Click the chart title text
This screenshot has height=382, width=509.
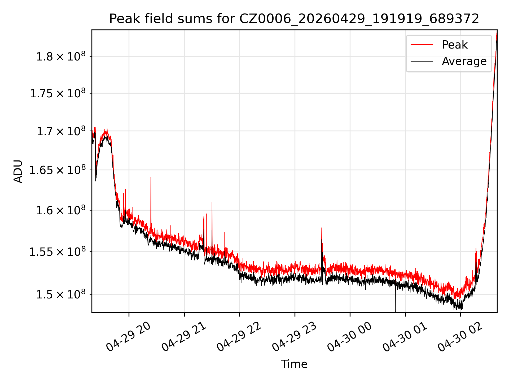click(x=294, y=19)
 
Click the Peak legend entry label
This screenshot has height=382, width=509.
click(x=455, y=45)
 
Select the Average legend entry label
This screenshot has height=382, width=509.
click(x=464, y=61)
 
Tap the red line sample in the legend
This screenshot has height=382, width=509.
click(x=422, y=45)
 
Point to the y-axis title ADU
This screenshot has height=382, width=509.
click(x=18, y=171)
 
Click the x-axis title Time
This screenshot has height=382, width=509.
click(x=294, y=364)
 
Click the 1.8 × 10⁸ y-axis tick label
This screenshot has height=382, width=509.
click(x=61, y=57)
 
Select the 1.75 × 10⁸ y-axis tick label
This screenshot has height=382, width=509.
click(x=58, y=93)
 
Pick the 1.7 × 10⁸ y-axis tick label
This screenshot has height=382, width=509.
click(x=61, y=131)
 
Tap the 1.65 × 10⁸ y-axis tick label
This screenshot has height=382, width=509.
click(x=58, y=170)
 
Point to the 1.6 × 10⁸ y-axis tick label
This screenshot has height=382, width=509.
click(x=61, y=210)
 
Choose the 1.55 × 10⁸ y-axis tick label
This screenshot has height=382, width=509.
click(x=58, y=252)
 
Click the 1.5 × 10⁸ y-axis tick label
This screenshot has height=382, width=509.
click(x=61, y=294)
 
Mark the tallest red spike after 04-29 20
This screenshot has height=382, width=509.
click(x=151, y=177)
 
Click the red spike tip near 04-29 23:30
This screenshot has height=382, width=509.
click(x=322, y=228)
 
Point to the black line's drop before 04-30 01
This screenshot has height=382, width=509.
click(x=395, y=298)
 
